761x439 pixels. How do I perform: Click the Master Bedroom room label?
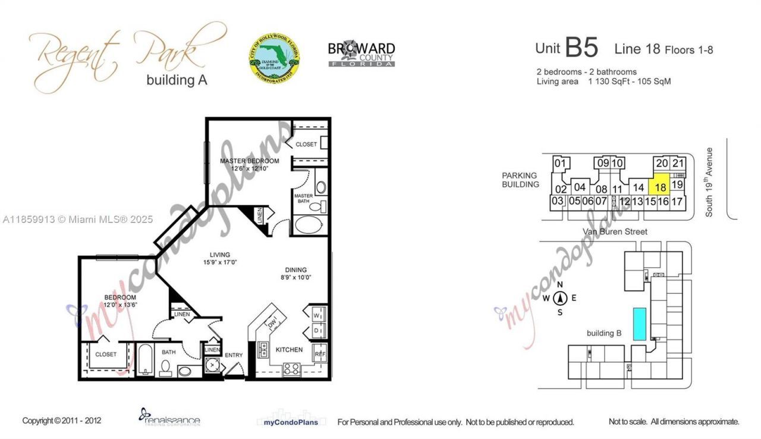pos(249,161)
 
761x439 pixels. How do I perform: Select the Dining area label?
pos(295,268)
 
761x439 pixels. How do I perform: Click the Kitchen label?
pos(289,350)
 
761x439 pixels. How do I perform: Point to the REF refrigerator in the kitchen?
pos(319,353)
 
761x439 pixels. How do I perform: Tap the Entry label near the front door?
pos(234,356)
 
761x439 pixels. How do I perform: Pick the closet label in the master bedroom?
pos(306,145)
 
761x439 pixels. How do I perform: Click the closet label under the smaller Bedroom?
pos(106,355)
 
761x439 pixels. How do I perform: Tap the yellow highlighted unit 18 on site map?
pos(660,186)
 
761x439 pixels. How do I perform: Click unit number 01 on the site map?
pos(559,163)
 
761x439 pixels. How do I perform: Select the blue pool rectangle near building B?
pos(640,324)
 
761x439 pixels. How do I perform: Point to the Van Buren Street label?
pos(615,231)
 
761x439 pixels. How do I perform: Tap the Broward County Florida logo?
pos(361,54)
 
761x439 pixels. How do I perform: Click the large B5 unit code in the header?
pos(581,48)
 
